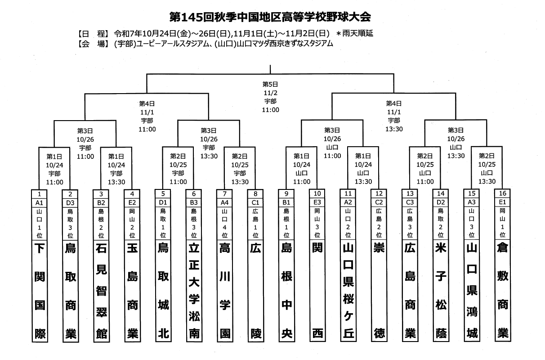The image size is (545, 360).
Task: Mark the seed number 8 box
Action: (256, 193)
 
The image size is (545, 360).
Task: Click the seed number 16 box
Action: (503, 193)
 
